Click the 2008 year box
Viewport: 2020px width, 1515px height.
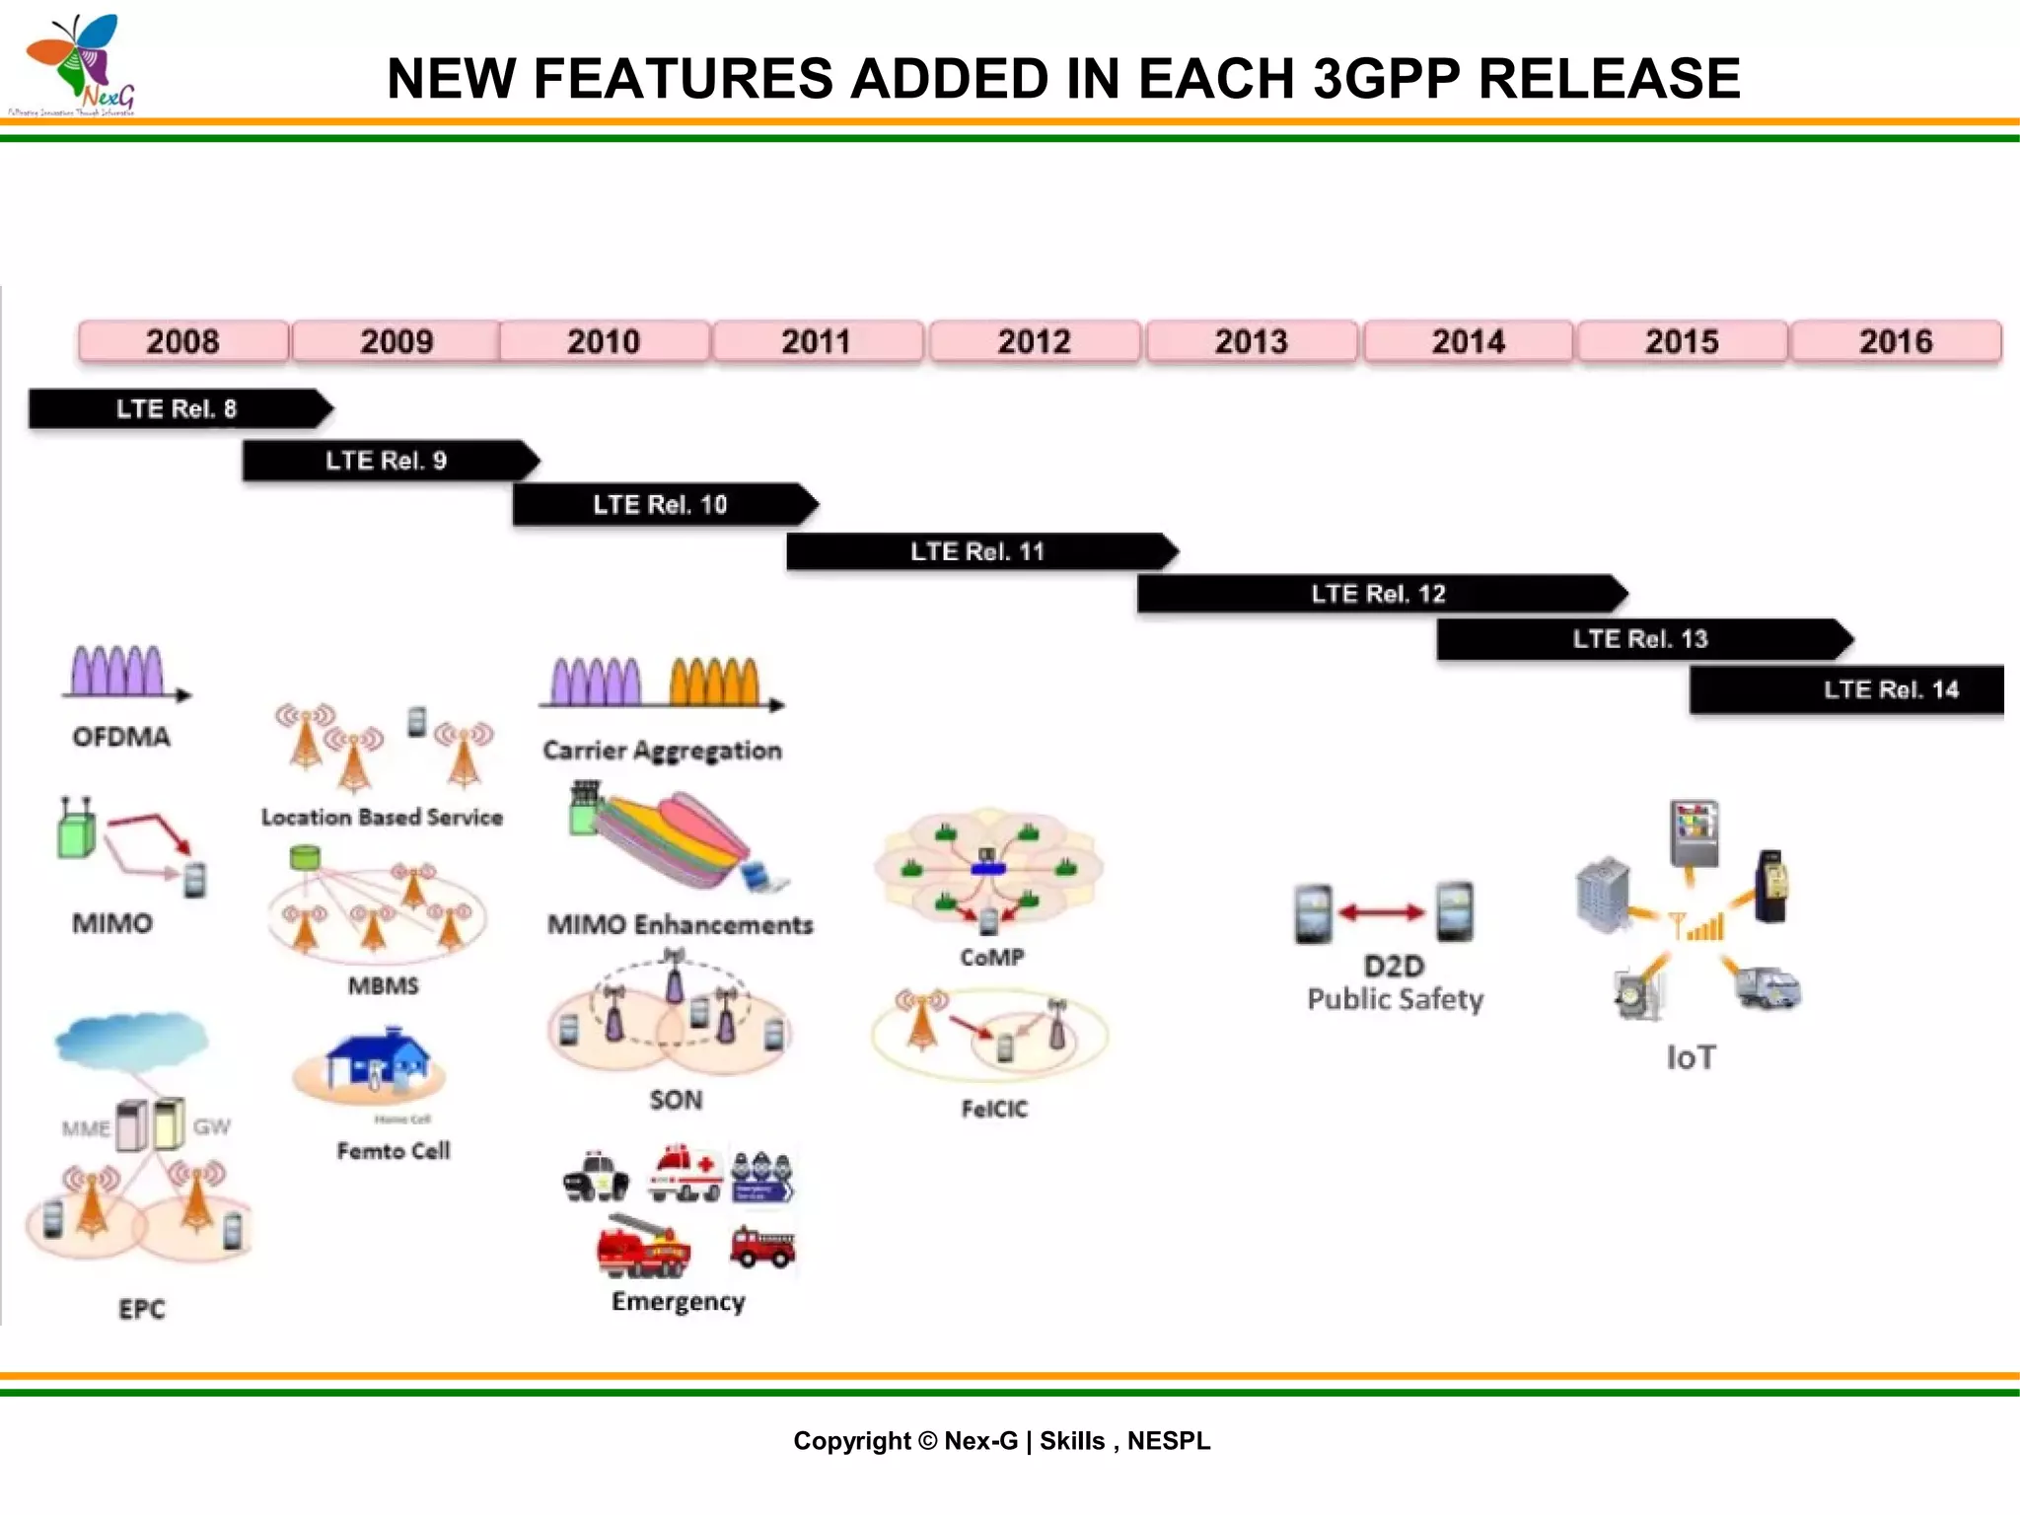click(183, 341)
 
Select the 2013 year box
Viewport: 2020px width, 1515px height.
click(1251, 341)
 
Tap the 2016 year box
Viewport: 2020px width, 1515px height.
click(1895, 341)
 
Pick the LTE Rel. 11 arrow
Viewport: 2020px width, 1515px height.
click(976, 551)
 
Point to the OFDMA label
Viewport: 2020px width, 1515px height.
click(121, 737)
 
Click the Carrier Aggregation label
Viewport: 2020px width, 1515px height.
click(662, 751)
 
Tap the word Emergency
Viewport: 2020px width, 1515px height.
click(678, 1301)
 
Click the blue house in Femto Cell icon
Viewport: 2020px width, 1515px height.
click(378, 1059)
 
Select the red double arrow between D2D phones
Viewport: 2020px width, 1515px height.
click(1382, 912)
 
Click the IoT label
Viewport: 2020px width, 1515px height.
click(1691, 1057)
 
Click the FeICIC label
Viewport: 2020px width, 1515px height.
click(994, 1109)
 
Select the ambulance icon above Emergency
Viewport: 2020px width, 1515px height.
click(685, 1174)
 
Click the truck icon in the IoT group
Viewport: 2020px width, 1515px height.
click(1768, 987)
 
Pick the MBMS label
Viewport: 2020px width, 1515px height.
click(383, 985)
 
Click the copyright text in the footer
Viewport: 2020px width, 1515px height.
click(1001, 1441)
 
